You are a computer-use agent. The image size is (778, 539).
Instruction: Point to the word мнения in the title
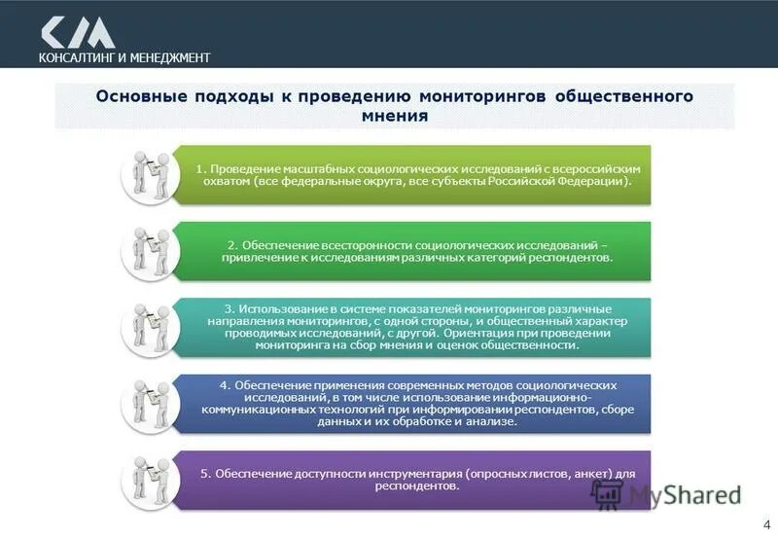pyautogui.click(x=394, y=116)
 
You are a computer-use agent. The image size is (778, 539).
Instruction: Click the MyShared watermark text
pyautogui.click(x=685, y=494)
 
